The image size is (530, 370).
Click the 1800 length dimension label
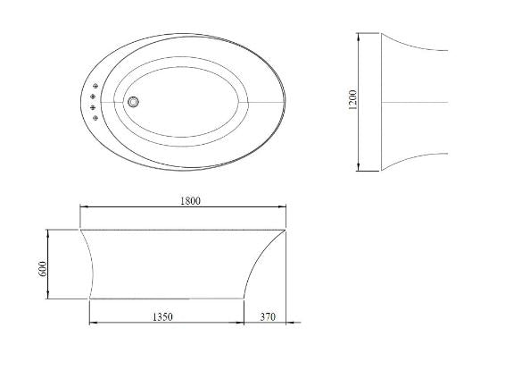coord(188,200)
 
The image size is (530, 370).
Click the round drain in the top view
coord(134,103)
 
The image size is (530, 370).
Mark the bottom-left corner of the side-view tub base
coord(91,299)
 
